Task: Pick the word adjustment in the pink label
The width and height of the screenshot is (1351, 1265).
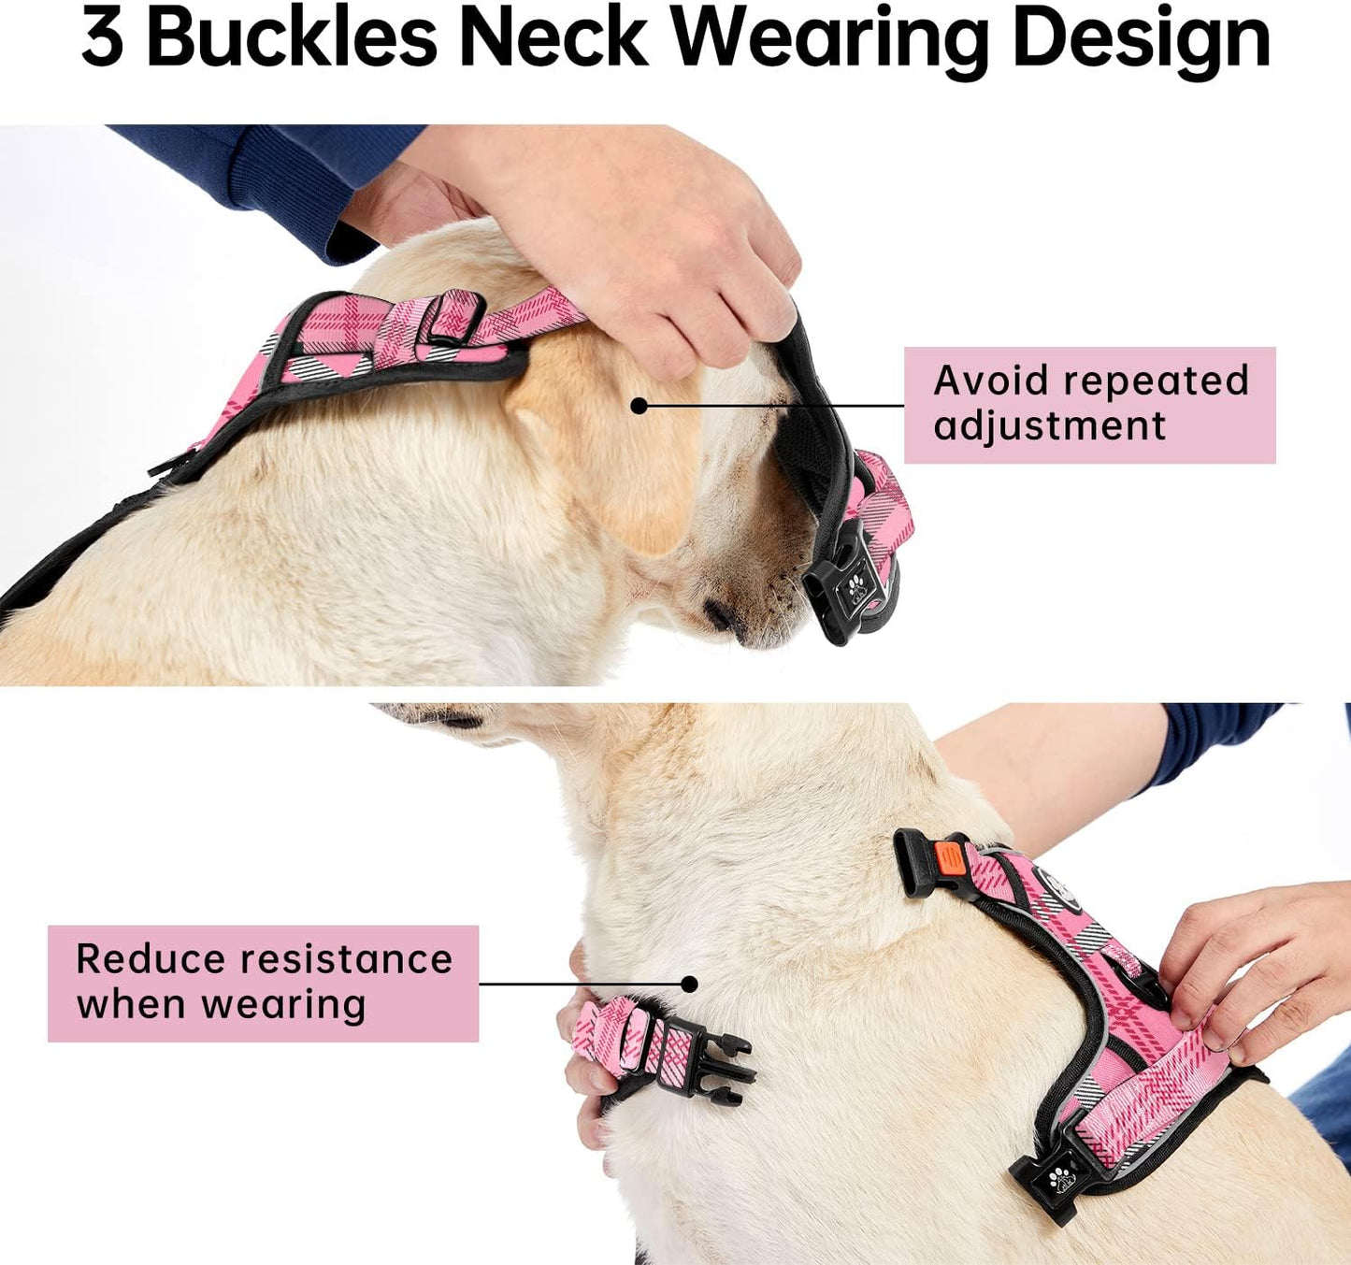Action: pos(1049,426)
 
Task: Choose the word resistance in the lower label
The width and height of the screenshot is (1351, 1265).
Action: pos(348,959)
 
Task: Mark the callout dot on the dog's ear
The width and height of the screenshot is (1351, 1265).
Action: pos(639,406)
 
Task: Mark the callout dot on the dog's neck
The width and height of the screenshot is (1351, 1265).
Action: pos(689,984)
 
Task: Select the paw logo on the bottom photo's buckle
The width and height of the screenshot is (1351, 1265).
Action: pos(1060,1178)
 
